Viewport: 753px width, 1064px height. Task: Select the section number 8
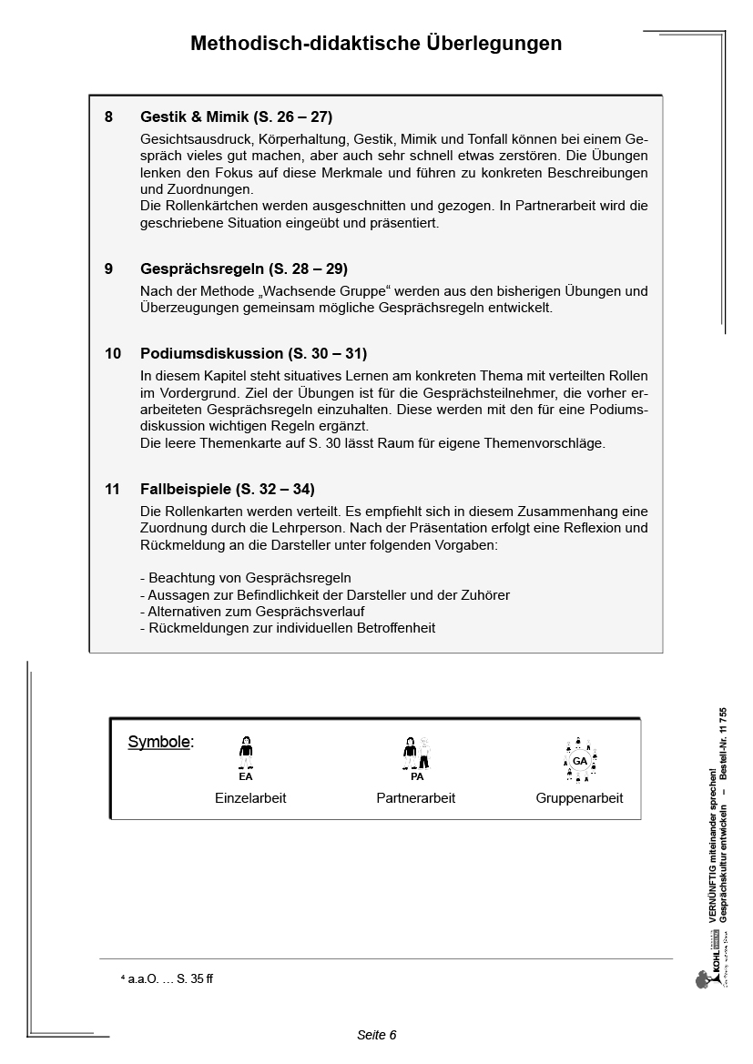tap(109, 117)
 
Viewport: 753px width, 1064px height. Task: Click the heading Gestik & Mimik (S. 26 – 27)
tap(236, 117)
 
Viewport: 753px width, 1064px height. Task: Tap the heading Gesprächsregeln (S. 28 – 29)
tap(244, 269)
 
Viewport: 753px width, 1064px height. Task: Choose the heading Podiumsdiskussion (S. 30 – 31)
tap(253, 353)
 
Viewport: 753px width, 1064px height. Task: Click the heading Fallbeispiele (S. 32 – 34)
tap(227, 489)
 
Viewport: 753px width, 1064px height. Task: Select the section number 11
tap(112, 489)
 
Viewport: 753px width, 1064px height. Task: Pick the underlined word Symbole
tap(159, 742)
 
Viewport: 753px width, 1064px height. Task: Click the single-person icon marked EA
tap(246, 756)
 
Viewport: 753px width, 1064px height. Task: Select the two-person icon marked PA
tap(416, 756)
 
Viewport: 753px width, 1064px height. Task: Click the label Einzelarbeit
tap(250, 798)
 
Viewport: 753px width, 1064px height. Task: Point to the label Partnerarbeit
tap(415, 798)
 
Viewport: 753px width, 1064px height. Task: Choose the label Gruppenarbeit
tap(579, 798)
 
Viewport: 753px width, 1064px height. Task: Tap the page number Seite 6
tap(376, 1035)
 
